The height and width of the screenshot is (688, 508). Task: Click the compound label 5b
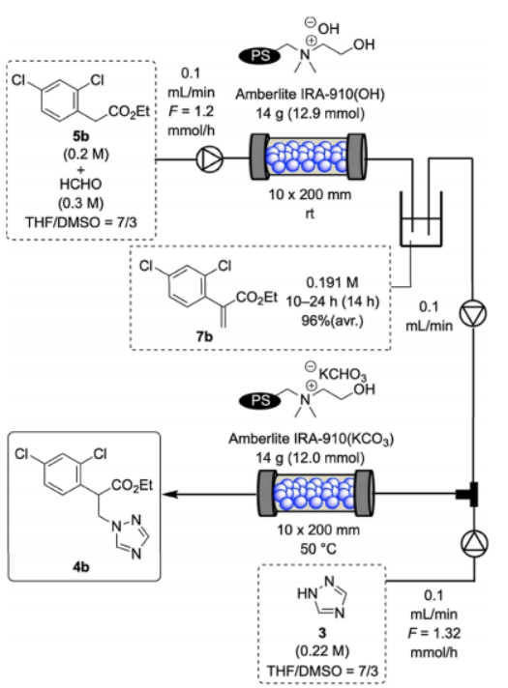81,135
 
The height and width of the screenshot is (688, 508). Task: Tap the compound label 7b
204,336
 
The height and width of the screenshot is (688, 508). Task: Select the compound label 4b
81,567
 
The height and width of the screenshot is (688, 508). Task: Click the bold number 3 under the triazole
322,633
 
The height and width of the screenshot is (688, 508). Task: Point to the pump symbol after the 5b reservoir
209,158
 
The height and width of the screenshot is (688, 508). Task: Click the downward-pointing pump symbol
473,314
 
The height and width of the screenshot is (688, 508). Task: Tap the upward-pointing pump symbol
474,543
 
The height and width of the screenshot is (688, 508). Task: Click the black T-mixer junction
467,494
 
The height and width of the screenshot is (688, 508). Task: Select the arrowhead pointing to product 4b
169,494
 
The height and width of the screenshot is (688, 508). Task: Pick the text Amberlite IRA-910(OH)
310,94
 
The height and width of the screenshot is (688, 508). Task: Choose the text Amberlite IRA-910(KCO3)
311,439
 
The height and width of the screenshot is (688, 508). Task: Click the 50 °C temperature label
318,549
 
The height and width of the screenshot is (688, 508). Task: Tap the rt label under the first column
310,214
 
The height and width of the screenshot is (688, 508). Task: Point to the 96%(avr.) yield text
333,321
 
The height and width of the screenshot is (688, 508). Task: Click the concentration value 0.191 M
332,282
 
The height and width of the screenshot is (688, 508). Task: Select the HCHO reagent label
81,184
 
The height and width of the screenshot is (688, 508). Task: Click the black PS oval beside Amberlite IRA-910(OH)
259,56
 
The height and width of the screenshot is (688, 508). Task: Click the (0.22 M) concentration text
322,650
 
